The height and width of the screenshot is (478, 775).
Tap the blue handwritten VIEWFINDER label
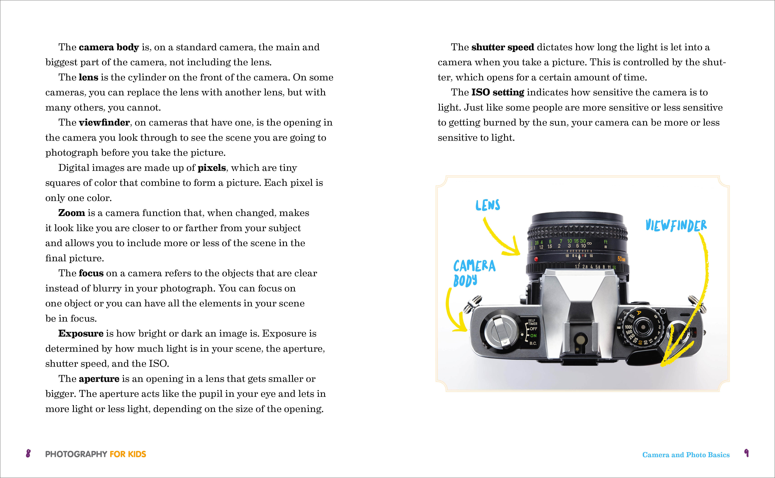click(676, 225)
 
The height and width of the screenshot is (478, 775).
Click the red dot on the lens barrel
click(536, 259)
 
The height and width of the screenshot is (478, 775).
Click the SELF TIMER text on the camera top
click(532, 322)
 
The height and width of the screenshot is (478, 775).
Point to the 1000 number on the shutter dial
click(628, 327)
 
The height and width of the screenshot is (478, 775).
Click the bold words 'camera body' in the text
click(109, 47)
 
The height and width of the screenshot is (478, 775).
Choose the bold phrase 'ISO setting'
click(498, 92)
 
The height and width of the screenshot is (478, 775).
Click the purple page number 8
click(28, 454)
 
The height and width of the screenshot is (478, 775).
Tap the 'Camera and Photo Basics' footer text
click(686, 455)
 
